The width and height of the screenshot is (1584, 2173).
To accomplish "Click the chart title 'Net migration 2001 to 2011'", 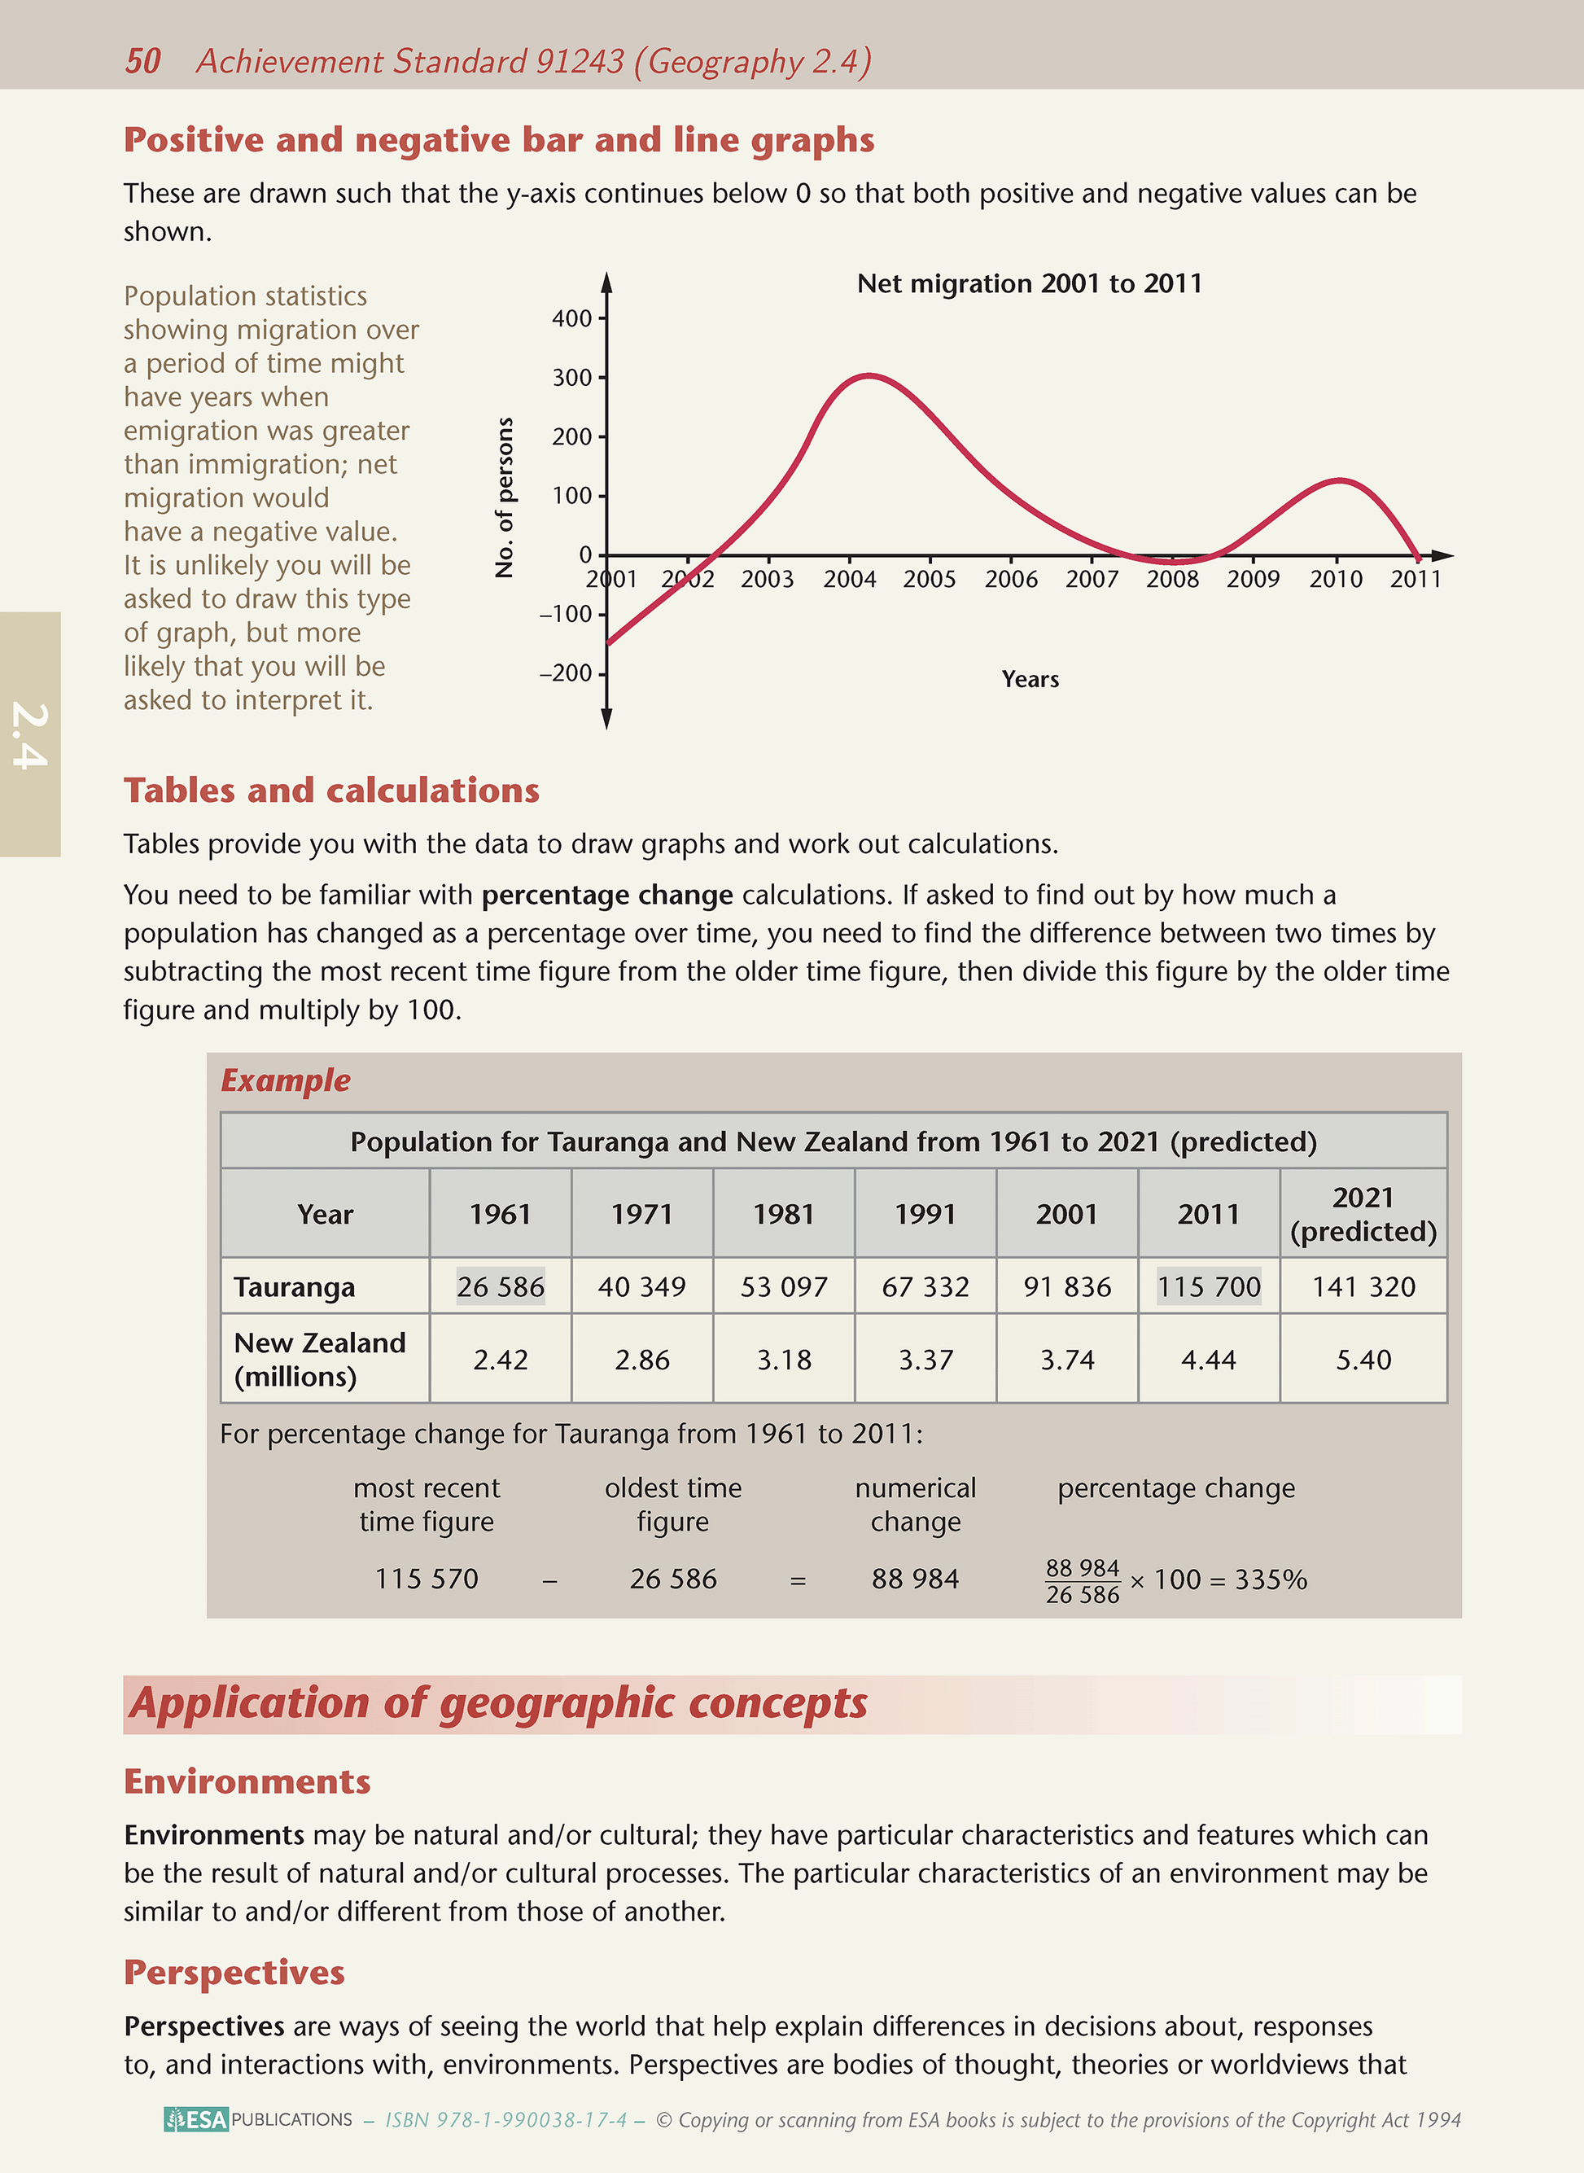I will coord(1029,284).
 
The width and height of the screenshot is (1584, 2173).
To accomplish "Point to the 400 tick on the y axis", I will coord(572,318).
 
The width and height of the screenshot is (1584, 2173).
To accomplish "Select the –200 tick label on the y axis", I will coord(566,673).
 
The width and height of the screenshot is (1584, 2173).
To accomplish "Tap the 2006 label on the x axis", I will coord(1011,579).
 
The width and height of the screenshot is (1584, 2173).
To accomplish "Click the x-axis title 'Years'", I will coord(1030,679).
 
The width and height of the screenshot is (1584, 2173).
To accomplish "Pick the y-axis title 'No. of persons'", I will coord(505,497).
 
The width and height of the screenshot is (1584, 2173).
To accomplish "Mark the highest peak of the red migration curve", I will coord(869,375).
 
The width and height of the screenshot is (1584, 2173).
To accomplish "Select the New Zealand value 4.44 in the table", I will coord(1208,1359).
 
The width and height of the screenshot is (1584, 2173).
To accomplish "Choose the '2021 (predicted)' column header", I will coord(1363,1214).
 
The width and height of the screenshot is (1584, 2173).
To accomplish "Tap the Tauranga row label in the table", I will coord(295,1287).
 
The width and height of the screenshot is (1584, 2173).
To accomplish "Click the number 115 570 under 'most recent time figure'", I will coord(426,1579).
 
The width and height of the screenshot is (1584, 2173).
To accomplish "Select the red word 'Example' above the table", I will coord(286,1080).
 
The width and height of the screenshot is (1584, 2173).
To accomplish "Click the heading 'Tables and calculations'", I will coord(332,791).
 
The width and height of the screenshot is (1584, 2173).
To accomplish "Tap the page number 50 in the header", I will coord(143,61).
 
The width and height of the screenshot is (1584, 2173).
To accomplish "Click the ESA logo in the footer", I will coord(196,2119).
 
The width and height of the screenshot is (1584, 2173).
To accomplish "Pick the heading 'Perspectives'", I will coord(234,1973).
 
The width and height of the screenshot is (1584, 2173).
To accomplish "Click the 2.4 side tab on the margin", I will coord(30,734).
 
